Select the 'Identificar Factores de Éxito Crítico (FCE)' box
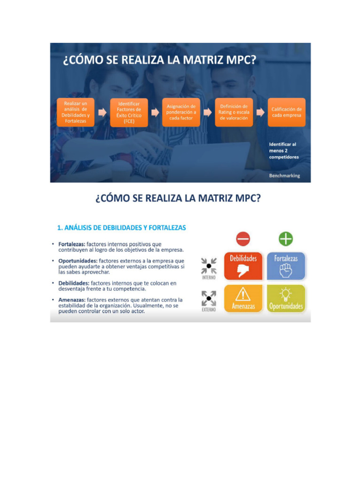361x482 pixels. (x=129, y=112)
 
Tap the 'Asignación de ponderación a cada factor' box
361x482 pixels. (x=181, y=112)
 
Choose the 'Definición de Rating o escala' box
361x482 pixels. (x=234, y=112)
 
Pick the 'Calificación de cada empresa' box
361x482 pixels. (x=286, y=112)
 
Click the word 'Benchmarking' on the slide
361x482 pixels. (x=284, y=176)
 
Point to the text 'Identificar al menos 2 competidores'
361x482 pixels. (x=283, y=151)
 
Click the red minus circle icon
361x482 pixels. (x=243, y=239)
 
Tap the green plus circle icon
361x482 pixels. (x=286, y=239)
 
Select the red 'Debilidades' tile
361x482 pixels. (x=243, y=266)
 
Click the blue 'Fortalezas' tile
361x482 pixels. (x=286, y=266)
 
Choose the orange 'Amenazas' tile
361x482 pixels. (x=243, y=298)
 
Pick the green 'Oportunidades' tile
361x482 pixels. (x=286, y=298)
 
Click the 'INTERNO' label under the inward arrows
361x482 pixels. (x=209, y=278)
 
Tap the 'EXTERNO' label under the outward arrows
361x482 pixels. (x=209, y=310)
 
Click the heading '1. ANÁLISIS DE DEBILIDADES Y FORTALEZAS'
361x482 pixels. (x=121, y=228)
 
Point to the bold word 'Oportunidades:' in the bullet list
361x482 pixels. (x=78, y=260)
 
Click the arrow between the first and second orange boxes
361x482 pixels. (x=102, y=112)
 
